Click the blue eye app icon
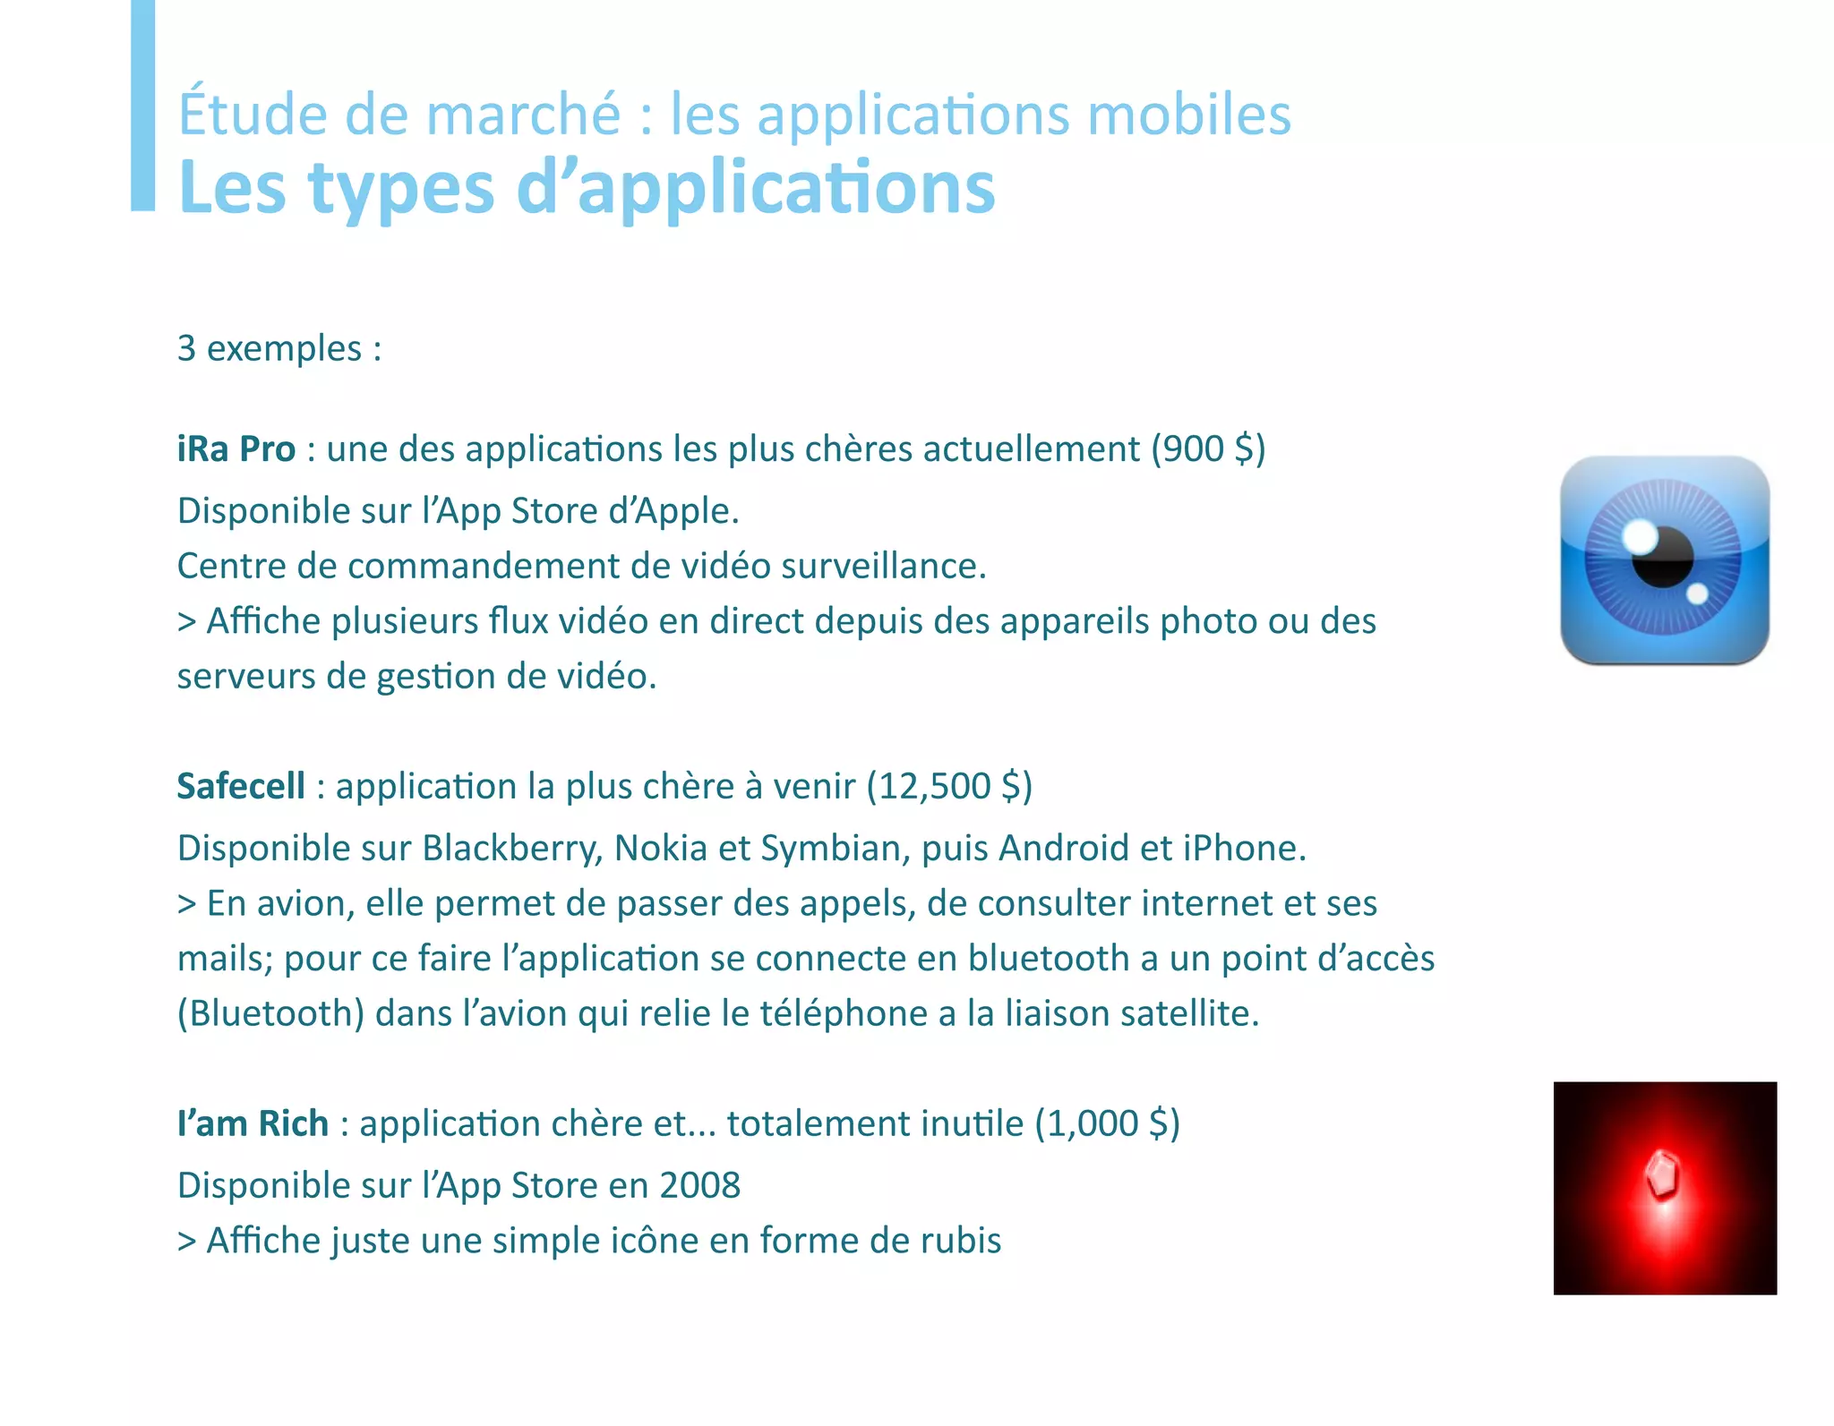coord(1664,560)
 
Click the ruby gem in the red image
coord(1662,1174)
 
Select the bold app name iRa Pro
coord(236,449)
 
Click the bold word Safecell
coord(241,786)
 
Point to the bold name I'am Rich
coord(253,1123)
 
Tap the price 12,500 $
coord(949,786)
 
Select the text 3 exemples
coord(279,348)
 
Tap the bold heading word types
coord(400,190)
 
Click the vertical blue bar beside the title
coord(142,106)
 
